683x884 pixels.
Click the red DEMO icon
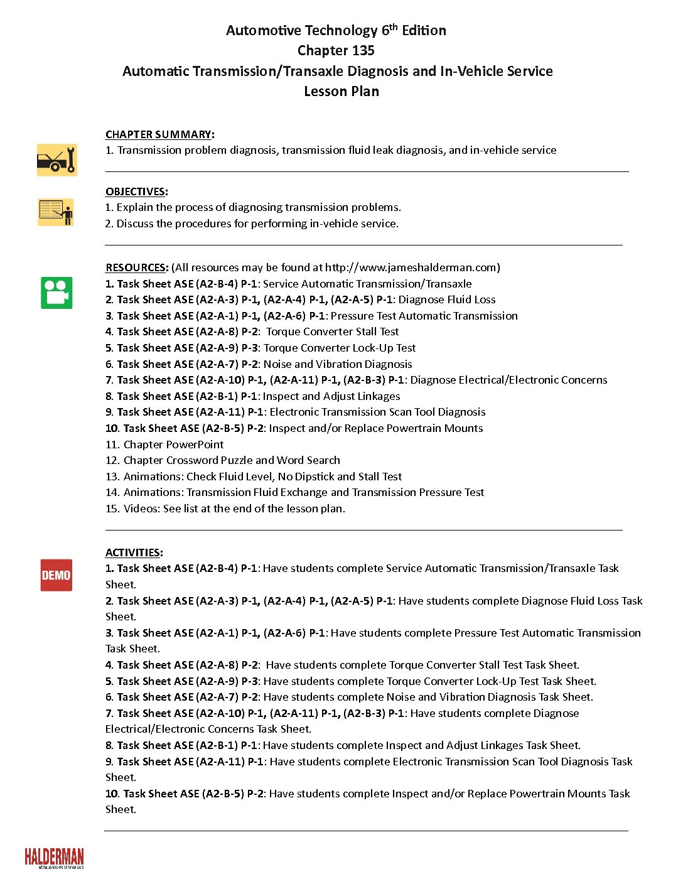click(x=56, y=575)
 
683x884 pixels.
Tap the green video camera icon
click(x=56, y=293)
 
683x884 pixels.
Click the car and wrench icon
click(x=56, y=159)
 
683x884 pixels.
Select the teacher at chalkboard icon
click(x=56, y=212)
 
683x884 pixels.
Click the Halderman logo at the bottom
click(x=54, y=858)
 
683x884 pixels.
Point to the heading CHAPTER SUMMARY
click(x=158, y=134)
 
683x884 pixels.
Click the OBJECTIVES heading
click(x=135, y=191)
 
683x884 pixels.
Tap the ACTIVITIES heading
click(x=132, y=552)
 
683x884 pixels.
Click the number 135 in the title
click(x=362, y=51)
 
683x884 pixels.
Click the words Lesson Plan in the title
click(x=341, y=91)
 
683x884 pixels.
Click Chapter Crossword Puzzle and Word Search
click(x=232, y=460)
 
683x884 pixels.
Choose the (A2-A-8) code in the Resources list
click(x=217, y=331)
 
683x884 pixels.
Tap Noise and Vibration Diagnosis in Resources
click(x=338, y=364)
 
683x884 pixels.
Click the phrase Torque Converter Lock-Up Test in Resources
click(x=340, y=348)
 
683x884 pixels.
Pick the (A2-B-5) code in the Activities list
click(x=223, y=794)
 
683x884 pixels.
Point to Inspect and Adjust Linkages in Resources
click(x=331, y=396)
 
